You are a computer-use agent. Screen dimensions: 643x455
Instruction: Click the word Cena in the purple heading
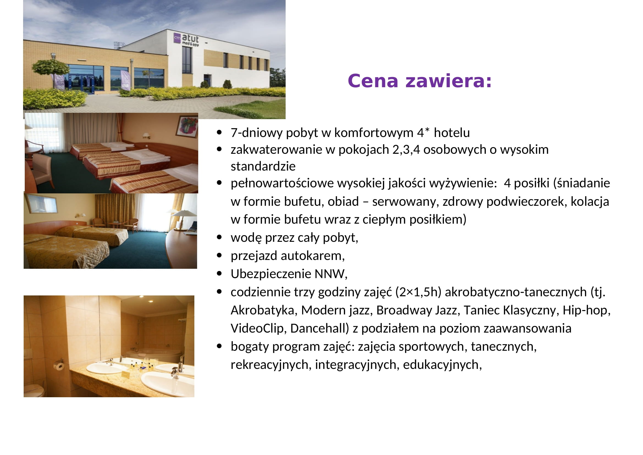pyautogui.click(x=373, y=81)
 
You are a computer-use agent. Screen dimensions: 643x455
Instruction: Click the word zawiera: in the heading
pyautogui.click(x=448, y=81)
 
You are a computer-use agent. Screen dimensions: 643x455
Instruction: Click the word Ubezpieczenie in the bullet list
pyautogui.click(x=271, y=274)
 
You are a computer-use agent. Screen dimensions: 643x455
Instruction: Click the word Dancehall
pyautogui.click(x=318, y=328)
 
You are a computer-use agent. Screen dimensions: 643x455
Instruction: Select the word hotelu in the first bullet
pyautogui.click(x=452, y=133)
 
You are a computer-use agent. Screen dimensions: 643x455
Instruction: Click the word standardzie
pyautogui.click(x=263, y=166)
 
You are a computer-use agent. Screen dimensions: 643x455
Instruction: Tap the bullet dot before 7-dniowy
pyautogui.click(x=219, y=132)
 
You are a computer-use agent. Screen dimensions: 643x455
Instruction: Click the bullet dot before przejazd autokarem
pyautogui.click(x=219, y=255)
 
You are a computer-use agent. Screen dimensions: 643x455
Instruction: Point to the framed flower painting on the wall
pyautogui.click(x=186, y=127)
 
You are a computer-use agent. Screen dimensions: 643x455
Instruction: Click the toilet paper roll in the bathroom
pyautogui.click(x=59, y=366)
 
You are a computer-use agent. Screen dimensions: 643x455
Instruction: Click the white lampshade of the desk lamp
pyautogui.click(x=184, y=213)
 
